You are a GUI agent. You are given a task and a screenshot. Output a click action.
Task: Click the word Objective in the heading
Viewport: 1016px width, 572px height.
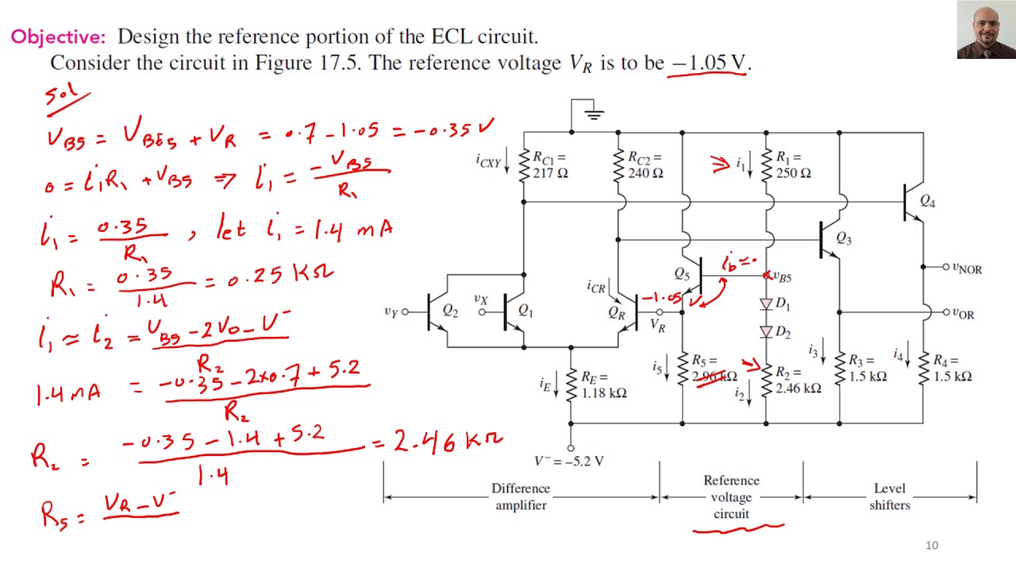[57, 37]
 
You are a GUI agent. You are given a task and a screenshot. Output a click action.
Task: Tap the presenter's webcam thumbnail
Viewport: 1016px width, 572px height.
[986, 30]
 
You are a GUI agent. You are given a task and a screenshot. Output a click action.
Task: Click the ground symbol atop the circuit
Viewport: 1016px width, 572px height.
[592, 114]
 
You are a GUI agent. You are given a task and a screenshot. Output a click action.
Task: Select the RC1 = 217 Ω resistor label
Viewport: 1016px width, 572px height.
[550, 165]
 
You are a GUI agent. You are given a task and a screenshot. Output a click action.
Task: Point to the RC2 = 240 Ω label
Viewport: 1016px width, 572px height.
[645, 165]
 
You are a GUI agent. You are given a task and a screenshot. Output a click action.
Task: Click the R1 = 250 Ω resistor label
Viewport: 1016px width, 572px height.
[793, 165]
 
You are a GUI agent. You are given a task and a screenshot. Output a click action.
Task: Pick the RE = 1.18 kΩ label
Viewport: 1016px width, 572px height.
[603, 385]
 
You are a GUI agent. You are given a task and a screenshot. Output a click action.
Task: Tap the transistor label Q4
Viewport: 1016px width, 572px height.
[926, 202]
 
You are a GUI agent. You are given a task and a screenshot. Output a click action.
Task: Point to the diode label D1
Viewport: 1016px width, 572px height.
[783, 304]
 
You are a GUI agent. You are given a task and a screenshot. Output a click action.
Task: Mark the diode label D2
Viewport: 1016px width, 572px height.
[783, 332]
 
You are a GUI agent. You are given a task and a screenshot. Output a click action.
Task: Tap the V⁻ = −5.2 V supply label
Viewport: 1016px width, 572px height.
[569, 461]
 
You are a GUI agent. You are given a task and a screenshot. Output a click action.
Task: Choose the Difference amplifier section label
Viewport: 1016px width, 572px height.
[521, 497]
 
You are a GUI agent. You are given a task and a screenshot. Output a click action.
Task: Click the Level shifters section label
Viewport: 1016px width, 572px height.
[890, 497]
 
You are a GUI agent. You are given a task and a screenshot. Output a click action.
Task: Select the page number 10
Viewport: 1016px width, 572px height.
[932, 545]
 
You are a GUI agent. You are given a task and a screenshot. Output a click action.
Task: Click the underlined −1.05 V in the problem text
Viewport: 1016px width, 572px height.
[709, 63]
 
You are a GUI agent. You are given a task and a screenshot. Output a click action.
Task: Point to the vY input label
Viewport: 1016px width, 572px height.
[391, 311]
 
